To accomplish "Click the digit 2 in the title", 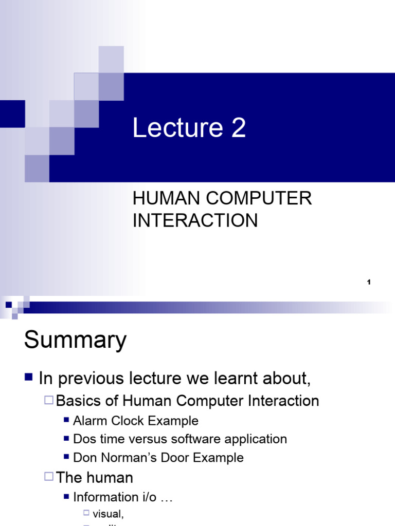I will [238, 128].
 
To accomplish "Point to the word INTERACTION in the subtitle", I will [195, 220].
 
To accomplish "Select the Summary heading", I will [75, 340].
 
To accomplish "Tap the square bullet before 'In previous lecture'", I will [29, 379].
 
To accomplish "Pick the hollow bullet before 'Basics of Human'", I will [49, 400].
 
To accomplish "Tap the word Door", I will [173, 457].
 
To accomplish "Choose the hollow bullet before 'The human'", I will [49, 477].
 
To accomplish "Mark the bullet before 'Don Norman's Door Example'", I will [66, 457].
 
